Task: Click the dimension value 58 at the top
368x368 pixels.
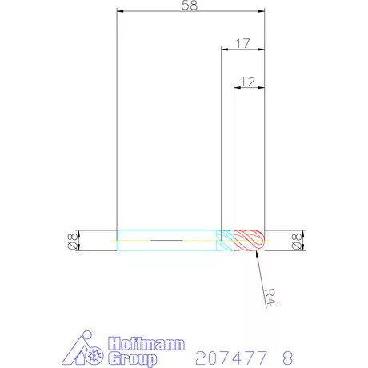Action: tap(190, 5)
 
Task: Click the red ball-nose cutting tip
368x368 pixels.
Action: tap(249, 240)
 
